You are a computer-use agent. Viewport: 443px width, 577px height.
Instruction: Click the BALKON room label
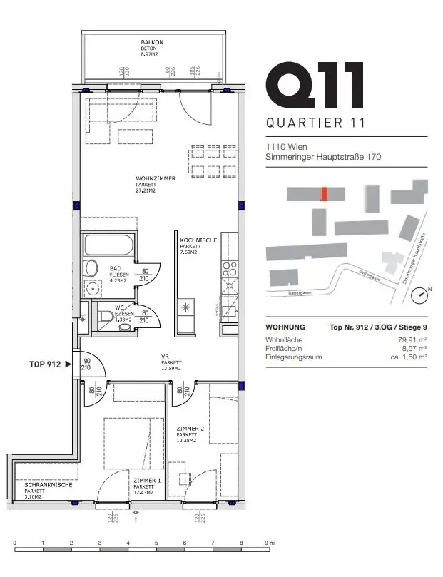click(x=153, y=43)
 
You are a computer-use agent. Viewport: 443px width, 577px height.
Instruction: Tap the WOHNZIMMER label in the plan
click(x=156, y=178)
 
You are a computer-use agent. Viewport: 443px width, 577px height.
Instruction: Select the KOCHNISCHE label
click(x=198, y=241)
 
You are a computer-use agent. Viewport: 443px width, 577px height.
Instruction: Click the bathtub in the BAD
click(x=108, y=246)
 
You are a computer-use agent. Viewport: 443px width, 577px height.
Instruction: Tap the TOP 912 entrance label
click(x=44, y=364)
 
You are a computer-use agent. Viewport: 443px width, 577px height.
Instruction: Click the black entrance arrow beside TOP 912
click(x=68, y=364)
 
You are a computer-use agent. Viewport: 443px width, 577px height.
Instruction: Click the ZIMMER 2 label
click(x=190, y=429)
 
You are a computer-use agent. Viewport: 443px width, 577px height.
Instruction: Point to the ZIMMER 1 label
click(x=148, y=481)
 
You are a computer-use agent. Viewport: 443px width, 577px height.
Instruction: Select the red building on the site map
click(x=324, y=194)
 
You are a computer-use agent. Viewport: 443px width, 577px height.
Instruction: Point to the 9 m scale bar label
click(x=268, y=543)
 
